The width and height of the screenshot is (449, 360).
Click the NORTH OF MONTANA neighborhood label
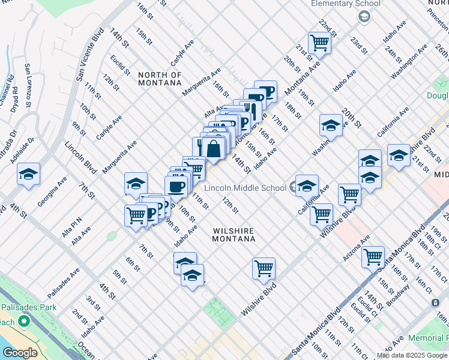160,79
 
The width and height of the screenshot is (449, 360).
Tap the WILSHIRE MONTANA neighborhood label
234,235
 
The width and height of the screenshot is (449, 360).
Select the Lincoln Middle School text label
245,188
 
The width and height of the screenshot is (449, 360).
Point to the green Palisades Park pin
24,322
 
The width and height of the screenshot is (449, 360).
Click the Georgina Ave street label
52,191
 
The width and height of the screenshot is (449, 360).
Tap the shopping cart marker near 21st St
319,43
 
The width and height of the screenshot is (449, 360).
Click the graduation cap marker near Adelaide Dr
28,174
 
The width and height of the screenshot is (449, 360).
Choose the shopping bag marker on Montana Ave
214,148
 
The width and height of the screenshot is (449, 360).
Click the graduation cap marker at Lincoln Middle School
307,185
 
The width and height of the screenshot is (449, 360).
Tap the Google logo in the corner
20,353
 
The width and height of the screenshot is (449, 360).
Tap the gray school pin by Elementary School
364,16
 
